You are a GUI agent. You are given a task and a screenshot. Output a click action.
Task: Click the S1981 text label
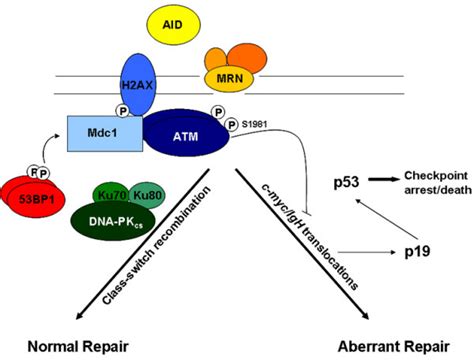point(256,125)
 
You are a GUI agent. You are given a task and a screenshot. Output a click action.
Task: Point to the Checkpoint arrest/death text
point(432,183)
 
